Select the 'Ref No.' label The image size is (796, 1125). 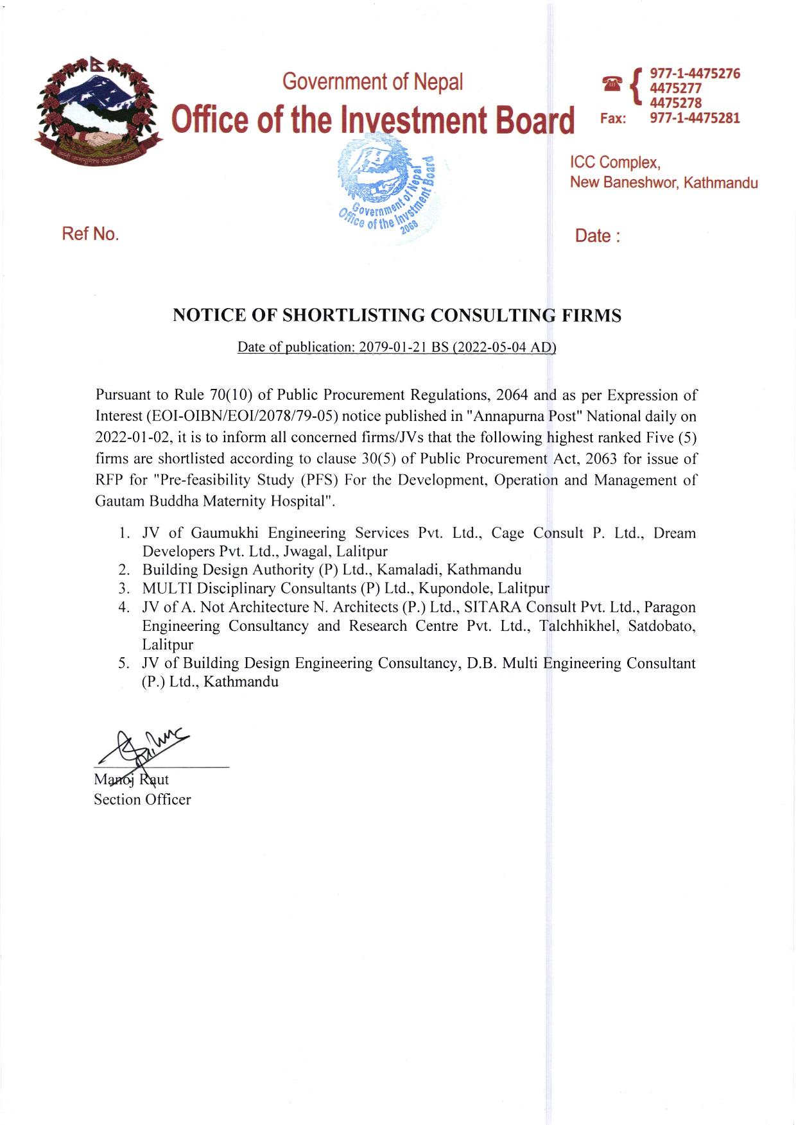(91, 234)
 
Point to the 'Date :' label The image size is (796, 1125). (598, 236)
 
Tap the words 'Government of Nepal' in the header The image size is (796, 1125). (373, 82)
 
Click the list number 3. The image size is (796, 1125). (124, 588)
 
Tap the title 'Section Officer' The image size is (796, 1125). (143, 800)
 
